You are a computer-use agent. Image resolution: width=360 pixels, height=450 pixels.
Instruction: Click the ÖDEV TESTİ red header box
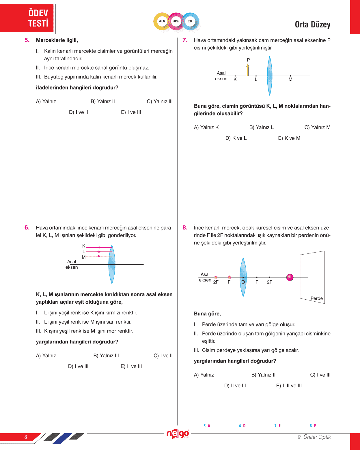[27, 18]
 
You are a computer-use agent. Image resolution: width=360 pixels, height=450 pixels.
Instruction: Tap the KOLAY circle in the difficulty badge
[162, 21]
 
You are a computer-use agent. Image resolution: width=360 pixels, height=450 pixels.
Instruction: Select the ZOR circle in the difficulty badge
[190, 21]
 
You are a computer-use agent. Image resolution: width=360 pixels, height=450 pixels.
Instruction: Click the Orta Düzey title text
[313, 25]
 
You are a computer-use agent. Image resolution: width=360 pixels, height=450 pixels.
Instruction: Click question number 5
[27, 40]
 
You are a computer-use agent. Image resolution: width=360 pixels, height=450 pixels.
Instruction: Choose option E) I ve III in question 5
[131, 112]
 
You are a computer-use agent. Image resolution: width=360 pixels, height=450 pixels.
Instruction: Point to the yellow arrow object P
[248, 70]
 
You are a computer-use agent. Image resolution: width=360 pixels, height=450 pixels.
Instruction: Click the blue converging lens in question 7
[269, 76]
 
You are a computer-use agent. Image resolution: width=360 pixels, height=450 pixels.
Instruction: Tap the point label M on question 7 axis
[290, 79]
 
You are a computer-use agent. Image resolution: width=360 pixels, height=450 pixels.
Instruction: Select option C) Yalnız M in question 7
[317, 127]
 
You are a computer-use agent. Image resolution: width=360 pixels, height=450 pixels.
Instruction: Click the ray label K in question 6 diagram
[84, 246]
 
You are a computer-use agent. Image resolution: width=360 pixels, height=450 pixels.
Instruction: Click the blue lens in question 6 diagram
[112, 264]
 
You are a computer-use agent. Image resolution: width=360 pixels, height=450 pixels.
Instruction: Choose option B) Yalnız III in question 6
[106, 356]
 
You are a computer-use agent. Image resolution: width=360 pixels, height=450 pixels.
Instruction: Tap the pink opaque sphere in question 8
[290, 277]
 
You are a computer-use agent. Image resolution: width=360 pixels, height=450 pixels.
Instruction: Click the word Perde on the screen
[316, 298]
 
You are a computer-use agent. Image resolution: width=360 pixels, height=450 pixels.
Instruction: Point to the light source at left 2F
[216, 277]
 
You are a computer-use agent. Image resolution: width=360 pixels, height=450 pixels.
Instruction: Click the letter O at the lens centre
[243, 282]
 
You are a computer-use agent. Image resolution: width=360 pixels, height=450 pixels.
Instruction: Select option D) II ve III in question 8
[235, 386]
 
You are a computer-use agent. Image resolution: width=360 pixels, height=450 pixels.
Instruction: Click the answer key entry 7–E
[277, 426]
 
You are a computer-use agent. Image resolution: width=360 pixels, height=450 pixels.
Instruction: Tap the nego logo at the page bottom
[178, 434]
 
